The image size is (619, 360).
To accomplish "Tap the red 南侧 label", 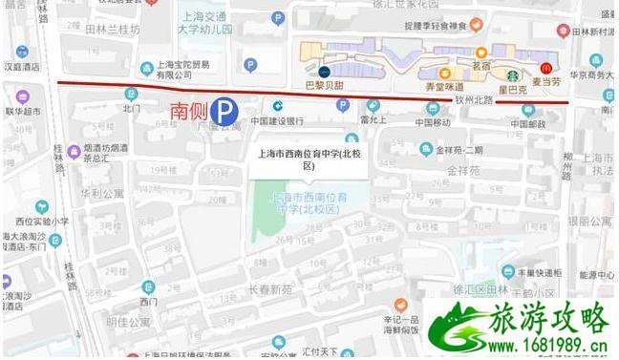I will pyautogui.click(x=188, y=112).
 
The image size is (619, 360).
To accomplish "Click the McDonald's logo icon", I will pyautogui.click(x=547, y=68).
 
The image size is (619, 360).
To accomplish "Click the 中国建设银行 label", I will pyautogui.click(x=277, y=121).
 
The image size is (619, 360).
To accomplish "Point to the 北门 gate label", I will pyautogui.click(x=132, y=108).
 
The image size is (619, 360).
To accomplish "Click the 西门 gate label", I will pyautogui.click(x=145, y=302).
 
